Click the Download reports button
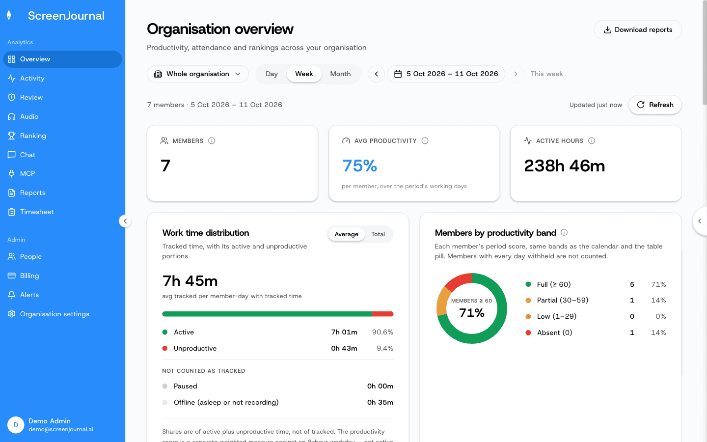coord(638,29)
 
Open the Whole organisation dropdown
coord(197,74)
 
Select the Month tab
coord(340,74)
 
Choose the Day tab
coord(272,74)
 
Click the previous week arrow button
coord(376,74)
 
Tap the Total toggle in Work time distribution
coord(378,234)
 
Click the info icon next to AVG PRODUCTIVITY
coord(425,141)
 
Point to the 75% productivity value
coord(359,166)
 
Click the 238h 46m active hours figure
coord(564,166)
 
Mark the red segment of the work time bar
coord(382,314)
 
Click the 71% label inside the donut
coord(471,312)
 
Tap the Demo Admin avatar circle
coord(16,425)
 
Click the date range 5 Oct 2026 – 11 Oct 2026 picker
coord(446,74)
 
